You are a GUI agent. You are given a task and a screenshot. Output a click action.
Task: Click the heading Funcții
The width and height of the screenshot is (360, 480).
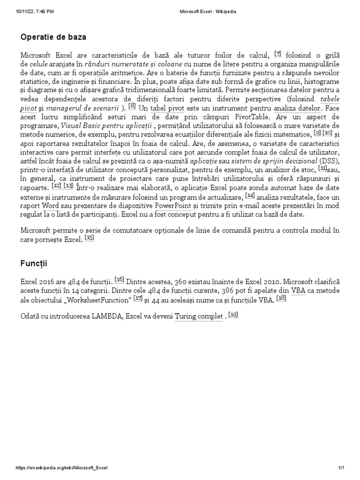tap(34, 264)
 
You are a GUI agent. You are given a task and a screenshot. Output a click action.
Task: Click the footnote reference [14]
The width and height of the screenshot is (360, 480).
tap(250, 195)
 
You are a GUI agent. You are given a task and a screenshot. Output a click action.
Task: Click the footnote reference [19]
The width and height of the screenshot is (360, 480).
tap(233, 315)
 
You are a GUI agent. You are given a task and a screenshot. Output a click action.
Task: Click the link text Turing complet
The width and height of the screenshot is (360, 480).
tap(199, 317)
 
